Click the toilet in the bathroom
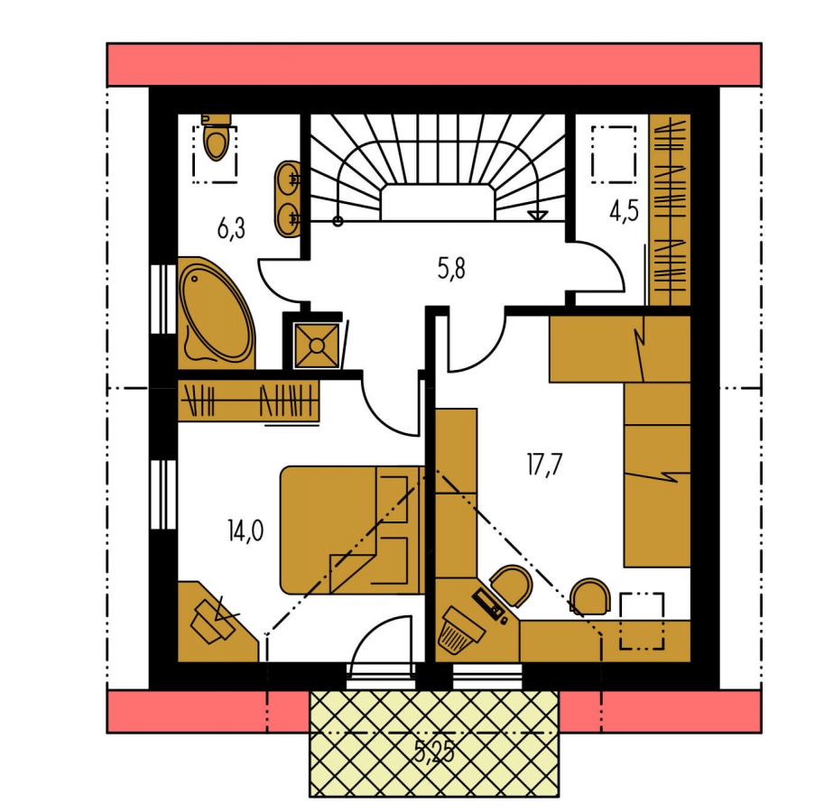pos(216,135)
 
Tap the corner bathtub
pos(216,313)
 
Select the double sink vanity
pos(288,199)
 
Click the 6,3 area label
pos(231,229)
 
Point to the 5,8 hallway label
pos(451,268)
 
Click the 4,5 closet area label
pos(625,211)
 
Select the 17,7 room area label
pos(544,465)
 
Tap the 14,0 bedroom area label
pos(245,531)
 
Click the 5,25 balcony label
pos(434,751)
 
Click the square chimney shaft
pos(317,345)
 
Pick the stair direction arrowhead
pos(537,216)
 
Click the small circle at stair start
pos(338,222)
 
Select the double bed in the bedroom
pos(352,530)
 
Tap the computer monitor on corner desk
pos(461,630)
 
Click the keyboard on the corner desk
pos(489,604)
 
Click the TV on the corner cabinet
pos(213,620)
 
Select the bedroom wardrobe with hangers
pos(248,401)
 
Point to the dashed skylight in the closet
pos(614,154)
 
